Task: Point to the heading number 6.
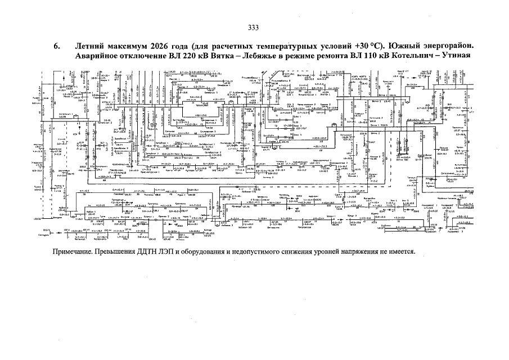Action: [56, 46]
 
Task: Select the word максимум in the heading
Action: [131, 46]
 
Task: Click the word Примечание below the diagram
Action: [73, 251]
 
